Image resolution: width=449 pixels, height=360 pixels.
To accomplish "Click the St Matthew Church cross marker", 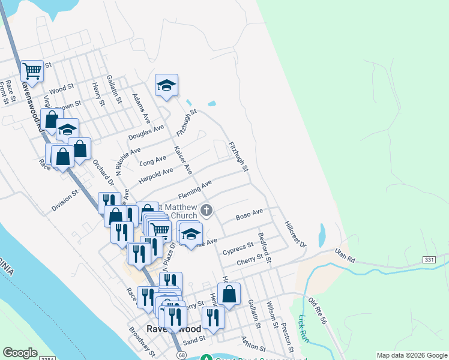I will pos(206,210).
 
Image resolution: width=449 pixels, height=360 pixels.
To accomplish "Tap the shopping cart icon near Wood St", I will pos(32,71).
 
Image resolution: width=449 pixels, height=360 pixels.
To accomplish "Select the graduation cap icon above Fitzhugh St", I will pos(166,85).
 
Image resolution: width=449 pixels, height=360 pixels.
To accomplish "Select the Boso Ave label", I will pos(250,214).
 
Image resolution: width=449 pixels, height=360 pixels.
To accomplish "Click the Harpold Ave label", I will pos(155,173).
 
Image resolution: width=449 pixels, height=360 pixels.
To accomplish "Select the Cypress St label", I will pos(238,248).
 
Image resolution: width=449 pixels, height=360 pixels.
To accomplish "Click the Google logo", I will pos(20,353).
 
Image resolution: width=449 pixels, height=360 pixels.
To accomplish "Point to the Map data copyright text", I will pos(411,355).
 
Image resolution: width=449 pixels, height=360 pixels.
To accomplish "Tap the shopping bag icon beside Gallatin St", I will pos(229,294).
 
